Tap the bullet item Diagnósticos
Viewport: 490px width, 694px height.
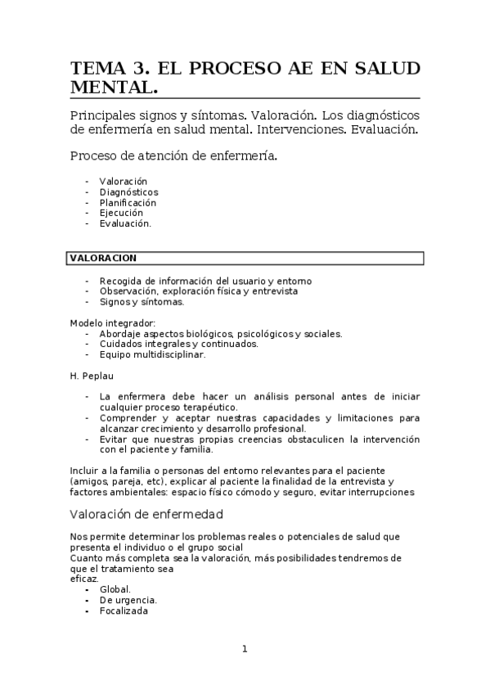tap(128, 192)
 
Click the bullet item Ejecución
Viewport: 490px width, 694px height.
tap(120, 213)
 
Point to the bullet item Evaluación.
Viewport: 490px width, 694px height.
tap(124, 223)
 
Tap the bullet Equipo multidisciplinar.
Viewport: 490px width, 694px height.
tap(152, 354)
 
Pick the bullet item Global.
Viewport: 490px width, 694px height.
tap(115, 589)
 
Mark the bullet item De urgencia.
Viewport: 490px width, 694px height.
tap(128, 600)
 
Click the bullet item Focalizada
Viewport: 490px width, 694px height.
tap(124, 611)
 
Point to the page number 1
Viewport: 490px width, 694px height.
tap(244, 649)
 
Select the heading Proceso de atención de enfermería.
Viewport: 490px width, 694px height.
tap(173, 155)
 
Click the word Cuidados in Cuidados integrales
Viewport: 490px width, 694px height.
tap(118, 344)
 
